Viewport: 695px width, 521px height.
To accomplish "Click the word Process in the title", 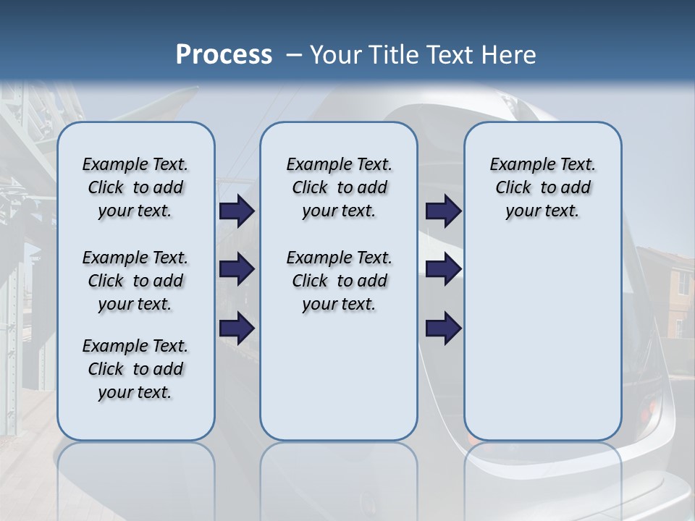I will [x=224, y=54].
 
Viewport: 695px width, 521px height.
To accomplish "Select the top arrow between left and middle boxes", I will [x=237, y=211].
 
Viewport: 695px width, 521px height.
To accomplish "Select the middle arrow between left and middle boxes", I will [x=237, y=270].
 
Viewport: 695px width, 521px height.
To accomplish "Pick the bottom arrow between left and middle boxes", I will [x=237, y=329].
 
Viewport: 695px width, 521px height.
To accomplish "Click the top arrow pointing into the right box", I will [x=443, y=211].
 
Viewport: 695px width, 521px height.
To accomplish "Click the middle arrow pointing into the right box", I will [x=443, y=270].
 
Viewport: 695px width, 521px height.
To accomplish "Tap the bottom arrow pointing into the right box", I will [x=443, y=329].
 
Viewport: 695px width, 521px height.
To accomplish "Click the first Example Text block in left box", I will [x=135, y=187].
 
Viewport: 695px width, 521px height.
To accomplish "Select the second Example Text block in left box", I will [x=135, y=281].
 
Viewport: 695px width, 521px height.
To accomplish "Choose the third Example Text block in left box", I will [x=135, y=369].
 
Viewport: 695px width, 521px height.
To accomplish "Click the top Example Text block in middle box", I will [x=339, y=187].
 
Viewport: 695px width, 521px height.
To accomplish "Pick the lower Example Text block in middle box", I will [x=339, y=281].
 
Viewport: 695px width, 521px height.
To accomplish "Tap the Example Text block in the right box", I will [x=542, y=187].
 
